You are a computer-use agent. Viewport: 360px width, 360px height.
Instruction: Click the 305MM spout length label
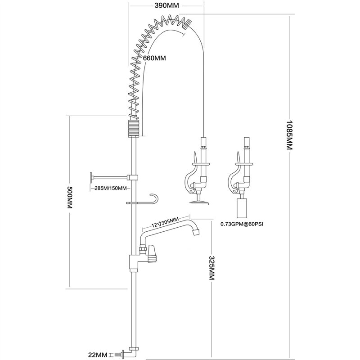162,223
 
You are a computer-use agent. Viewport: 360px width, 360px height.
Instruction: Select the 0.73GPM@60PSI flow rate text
242,223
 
